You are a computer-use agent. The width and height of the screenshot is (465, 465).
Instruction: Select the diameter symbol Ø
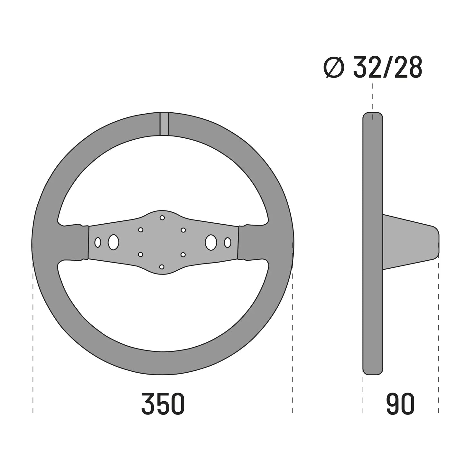[x=334, y=67]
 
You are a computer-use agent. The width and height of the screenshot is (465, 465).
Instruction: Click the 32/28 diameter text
[x=388, y=67]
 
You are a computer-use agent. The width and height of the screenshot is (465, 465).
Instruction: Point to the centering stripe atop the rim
[x=164, y=124]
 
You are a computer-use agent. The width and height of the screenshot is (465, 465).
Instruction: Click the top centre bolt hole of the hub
[x=162, y=218]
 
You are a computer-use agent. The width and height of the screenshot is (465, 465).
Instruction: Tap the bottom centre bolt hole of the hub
[x=162, y=267]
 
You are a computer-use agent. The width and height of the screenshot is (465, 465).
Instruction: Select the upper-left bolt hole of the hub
[x=141, y=230]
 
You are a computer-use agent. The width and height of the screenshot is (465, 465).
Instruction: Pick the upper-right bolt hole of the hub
[x=183, y=230]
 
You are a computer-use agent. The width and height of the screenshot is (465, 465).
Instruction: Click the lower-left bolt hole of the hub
[x=141, y=255]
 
